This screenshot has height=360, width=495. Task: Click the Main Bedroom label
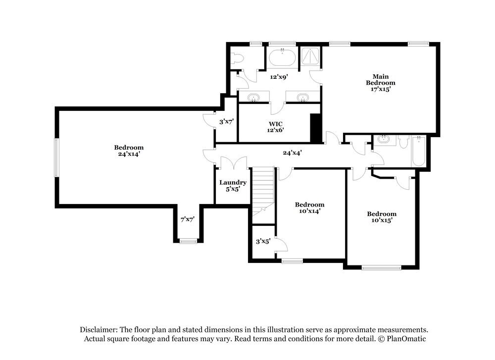click(x=381, y=79)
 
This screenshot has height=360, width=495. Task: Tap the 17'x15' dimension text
click(x=381, y=89)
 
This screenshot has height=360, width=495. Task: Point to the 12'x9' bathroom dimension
click(x=279, y=77)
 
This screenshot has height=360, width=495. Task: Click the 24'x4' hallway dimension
click(x=292, y=153)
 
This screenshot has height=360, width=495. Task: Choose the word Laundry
click(x=233, y=182)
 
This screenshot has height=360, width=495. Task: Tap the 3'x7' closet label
click(x=227, y=121)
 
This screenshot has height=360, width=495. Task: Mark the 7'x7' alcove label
click(x=187, y=219)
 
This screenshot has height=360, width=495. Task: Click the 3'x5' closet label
click(x=262, y=242)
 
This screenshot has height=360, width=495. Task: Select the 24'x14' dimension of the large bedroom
click(x=129, y=154)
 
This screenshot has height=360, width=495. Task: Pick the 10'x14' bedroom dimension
click(x=309, y=211)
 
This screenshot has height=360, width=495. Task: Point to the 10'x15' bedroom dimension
click(x=381, y=220)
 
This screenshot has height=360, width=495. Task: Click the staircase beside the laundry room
click(x=262, y=191)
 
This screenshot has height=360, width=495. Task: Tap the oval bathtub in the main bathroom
click(x=282, y=58)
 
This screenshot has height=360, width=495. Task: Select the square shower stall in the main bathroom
click(x=311, y=57)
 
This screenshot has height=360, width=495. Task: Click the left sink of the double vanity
click(x=254, y=97)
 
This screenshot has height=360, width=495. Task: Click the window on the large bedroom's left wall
click(x=56, y=157)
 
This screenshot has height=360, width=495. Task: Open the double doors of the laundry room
click(x=233, y=163)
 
